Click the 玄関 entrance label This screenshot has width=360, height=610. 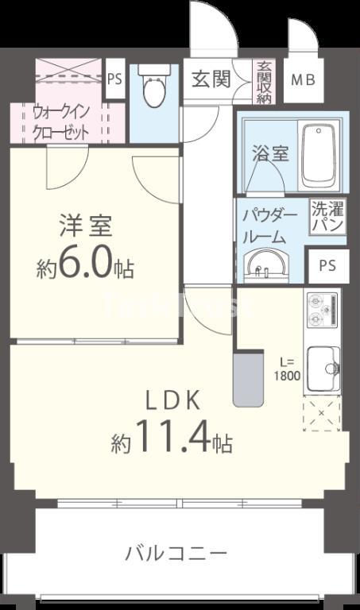click(x=211, y=79)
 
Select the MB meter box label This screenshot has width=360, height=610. click(x=301, y=80)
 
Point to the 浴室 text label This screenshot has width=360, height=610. click(x=270, y=153)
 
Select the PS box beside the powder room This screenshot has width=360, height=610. click(x=327, y=265)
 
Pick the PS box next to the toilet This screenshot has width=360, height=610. click(x=114, y=79)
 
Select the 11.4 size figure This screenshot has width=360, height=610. click(x=172, y=437)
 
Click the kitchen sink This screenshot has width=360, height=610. click(x=323, y=364)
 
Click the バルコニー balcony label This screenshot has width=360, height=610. click(x=176, y=552)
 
